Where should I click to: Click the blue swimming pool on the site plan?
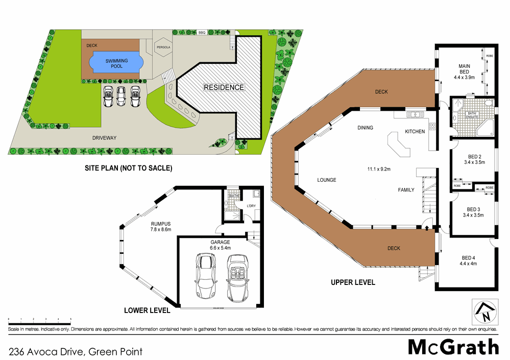(x=116, y=63)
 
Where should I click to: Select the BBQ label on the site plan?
(x=202, y=33)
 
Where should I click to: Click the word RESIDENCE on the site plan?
(x=224, y=87)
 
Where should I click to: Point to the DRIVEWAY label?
(x=105, y=138)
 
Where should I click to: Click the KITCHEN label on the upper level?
(x=415, y=132)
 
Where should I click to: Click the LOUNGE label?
(x=326, y=180)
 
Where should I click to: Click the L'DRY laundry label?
(x=251, y=206)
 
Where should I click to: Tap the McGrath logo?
(x=453, y=347)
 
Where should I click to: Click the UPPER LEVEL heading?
(x=353, y=282)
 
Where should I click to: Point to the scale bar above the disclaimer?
(x=39, y=321)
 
